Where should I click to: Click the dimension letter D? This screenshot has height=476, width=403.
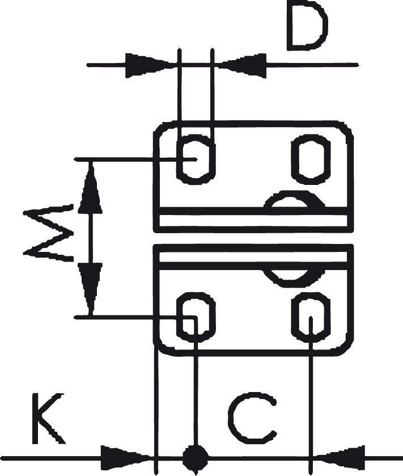pyautogui.click(x=307, y=27)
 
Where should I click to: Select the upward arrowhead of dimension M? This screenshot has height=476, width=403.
pyautogui.click(x=90, y=187)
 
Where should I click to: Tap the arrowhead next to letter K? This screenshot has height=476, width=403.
pyautogui.click(x=127, y=456)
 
